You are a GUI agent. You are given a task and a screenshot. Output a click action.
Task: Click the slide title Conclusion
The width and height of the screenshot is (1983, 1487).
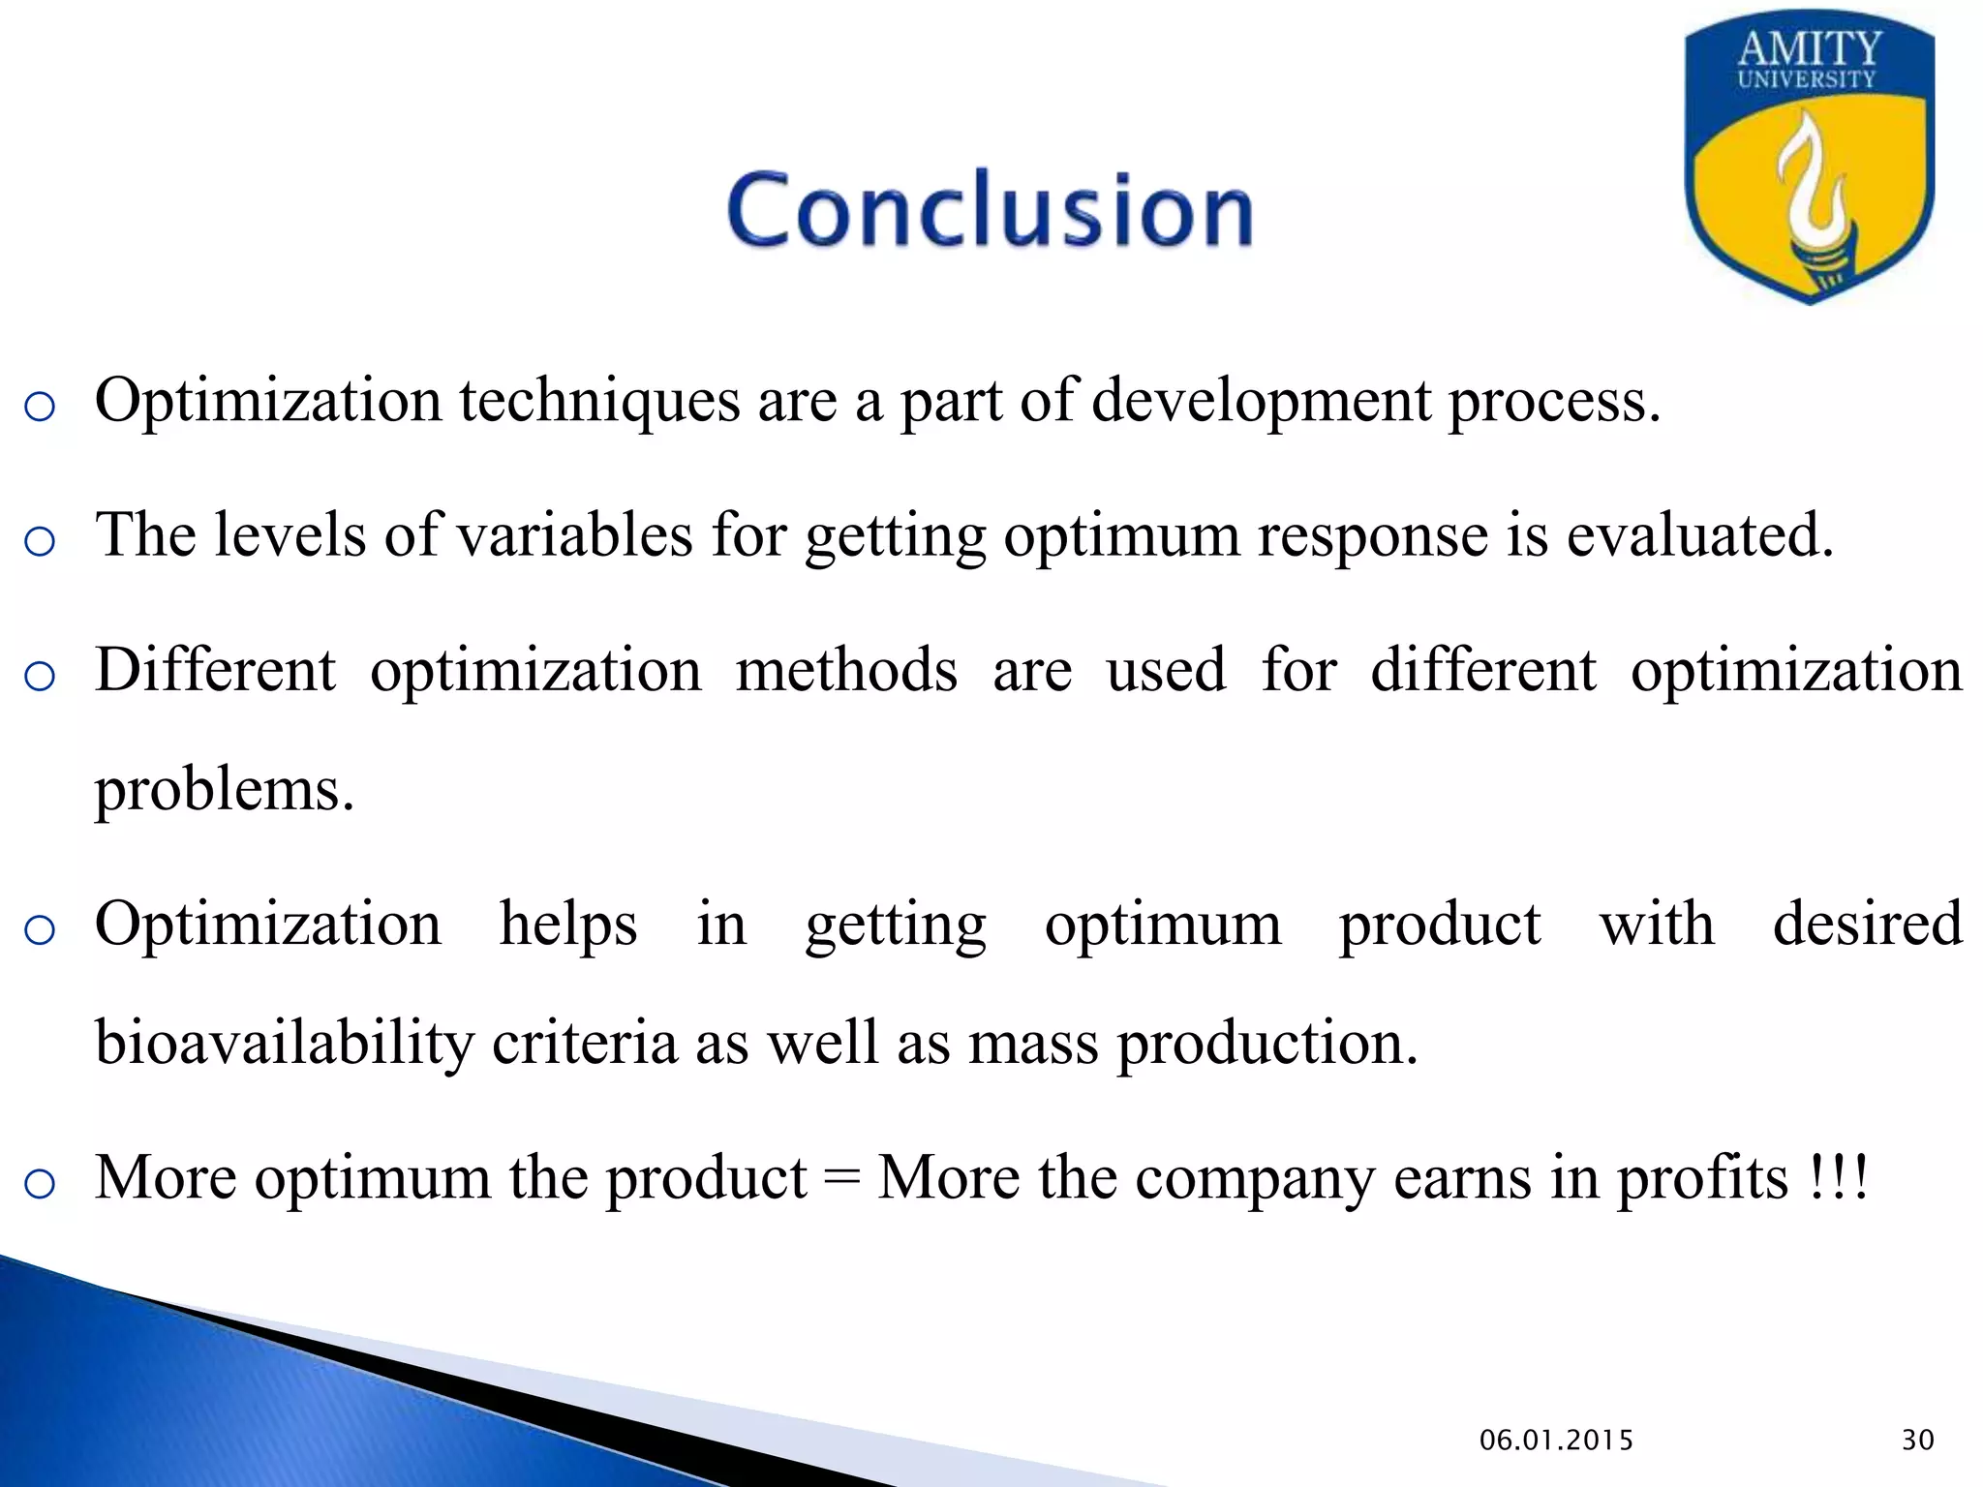pos(990,209)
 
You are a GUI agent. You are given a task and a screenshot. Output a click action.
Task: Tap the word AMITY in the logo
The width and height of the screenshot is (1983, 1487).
pos(1810,48)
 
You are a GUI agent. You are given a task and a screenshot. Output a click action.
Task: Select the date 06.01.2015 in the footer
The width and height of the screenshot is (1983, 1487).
pos(1556,1441)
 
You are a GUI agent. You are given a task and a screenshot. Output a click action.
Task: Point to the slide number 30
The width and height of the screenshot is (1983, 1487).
pos(1917,1441)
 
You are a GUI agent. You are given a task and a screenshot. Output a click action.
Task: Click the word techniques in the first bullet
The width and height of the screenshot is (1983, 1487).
pos(599,400)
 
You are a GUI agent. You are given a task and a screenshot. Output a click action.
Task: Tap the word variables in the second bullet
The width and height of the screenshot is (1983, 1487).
pos(574,534)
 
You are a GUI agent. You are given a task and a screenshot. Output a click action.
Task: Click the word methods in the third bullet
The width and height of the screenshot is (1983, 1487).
pos(846,670)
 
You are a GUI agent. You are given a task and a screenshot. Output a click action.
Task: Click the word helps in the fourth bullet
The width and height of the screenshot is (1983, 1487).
pos(568,924)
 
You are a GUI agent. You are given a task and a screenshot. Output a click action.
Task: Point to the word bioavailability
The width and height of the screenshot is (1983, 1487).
pos(285,1044)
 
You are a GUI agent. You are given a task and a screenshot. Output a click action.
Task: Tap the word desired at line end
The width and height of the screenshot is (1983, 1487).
pos(1867,924)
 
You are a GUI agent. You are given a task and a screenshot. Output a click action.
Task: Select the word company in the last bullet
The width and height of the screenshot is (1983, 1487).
pos(1254,1179)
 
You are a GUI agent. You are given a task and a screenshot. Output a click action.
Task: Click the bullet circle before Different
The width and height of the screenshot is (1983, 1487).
pos(40,676)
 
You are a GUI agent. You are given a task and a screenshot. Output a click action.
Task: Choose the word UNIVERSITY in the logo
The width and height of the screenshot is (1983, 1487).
pos(1807,80)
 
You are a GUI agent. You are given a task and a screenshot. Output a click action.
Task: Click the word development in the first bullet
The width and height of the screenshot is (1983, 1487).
pos(1262,400)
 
